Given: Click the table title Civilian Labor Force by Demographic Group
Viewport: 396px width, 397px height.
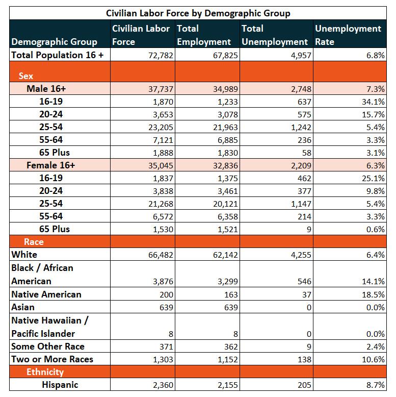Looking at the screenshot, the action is [198, 13].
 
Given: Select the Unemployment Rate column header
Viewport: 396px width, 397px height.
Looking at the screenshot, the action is [348, 35].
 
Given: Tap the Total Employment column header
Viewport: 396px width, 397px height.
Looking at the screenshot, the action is [204, 35].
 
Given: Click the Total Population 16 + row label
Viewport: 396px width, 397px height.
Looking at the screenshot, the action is [58, 55].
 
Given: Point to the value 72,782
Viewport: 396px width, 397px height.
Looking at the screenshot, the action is [161, 56].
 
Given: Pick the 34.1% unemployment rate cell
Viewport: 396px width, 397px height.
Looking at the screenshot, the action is [373, 102].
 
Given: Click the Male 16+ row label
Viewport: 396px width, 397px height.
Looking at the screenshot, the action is [46, 89].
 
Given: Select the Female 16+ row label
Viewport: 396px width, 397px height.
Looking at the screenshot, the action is [51, 165].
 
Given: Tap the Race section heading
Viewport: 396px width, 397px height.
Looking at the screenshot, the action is [34, 242].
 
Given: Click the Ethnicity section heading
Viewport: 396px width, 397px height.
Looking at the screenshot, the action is [45, 372].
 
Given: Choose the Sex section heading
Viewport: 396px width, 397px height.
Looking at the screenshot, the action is [26, 76].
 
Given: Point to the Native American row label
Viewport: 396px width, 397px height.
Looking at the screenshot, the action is [46, 294].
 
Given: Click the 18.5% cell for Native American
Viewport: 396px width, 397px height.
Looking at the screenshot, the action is [373, 295].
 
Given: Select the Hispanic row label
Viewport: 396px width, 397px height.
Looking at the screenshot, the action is [60, 385].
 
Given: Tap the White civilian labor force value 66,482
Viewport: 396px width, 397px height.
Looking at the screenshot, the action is [161, 255].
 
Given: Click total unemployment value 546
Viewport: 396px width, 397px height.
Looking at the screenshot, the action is [304, 282].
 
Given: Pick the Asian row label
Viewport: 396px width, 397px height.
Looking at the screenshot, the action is [23, 307].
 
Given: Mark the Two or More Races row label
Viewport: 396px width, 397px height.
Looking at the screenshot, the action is [52, 359].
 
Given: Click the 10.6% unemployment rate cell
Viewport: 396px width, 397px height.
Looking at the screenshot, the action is [373, 360].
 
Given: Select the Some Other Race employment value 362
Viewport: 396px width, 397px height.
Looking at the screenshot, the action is [231, 346].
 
